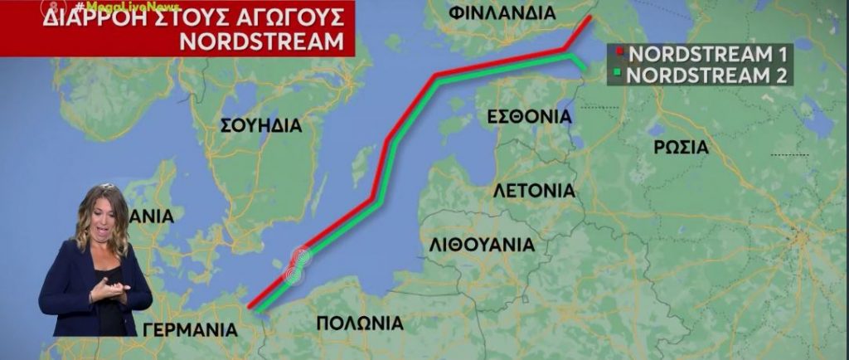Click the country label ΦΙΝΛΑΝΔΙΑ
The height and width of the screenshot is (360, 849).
point(513,14)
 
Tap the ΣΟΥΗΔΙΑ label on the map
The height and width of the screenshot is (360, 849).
point(260,125)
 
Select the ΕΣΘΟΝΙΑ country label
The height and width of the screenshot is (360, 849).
point(530,116)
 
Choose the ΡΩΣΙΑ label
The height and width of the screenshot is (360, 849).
point(680,148)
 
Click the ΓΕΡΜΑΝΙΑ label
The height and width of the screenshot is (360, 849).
point(190,329)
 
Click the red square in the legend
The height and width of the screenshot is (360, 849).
point(619,56)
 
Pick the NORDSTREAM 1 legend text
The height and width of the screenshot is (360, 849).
point(706,56)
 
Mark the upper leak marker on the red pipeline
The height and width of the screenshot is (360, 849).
point(302,257)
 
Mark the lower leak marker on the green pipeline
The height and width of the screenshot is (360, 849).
point(293,273)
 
